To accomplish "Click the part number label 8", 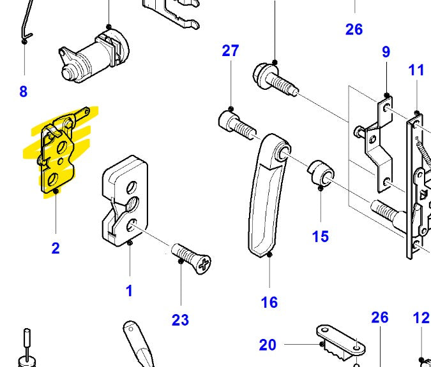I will pos(24,92).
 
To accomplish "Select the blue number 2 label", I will pos(56,248).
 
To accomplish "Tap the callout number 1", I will pos(129,291).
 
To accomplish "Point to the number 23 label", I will pos(181,320).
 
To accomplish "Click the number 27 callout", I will pos(231,51).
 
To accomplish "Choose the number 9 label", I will pos(386,52).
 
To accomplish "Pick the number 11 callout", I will pos(416,69).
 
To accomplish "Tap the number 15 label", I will pos(321,236).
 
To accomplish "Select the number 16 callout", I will pos(269,302).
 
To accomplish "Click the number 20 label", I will pos(268,345).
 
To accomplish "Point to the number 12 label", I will pos(421,317).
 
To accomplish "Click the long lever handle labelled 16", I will pos(265,198).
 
